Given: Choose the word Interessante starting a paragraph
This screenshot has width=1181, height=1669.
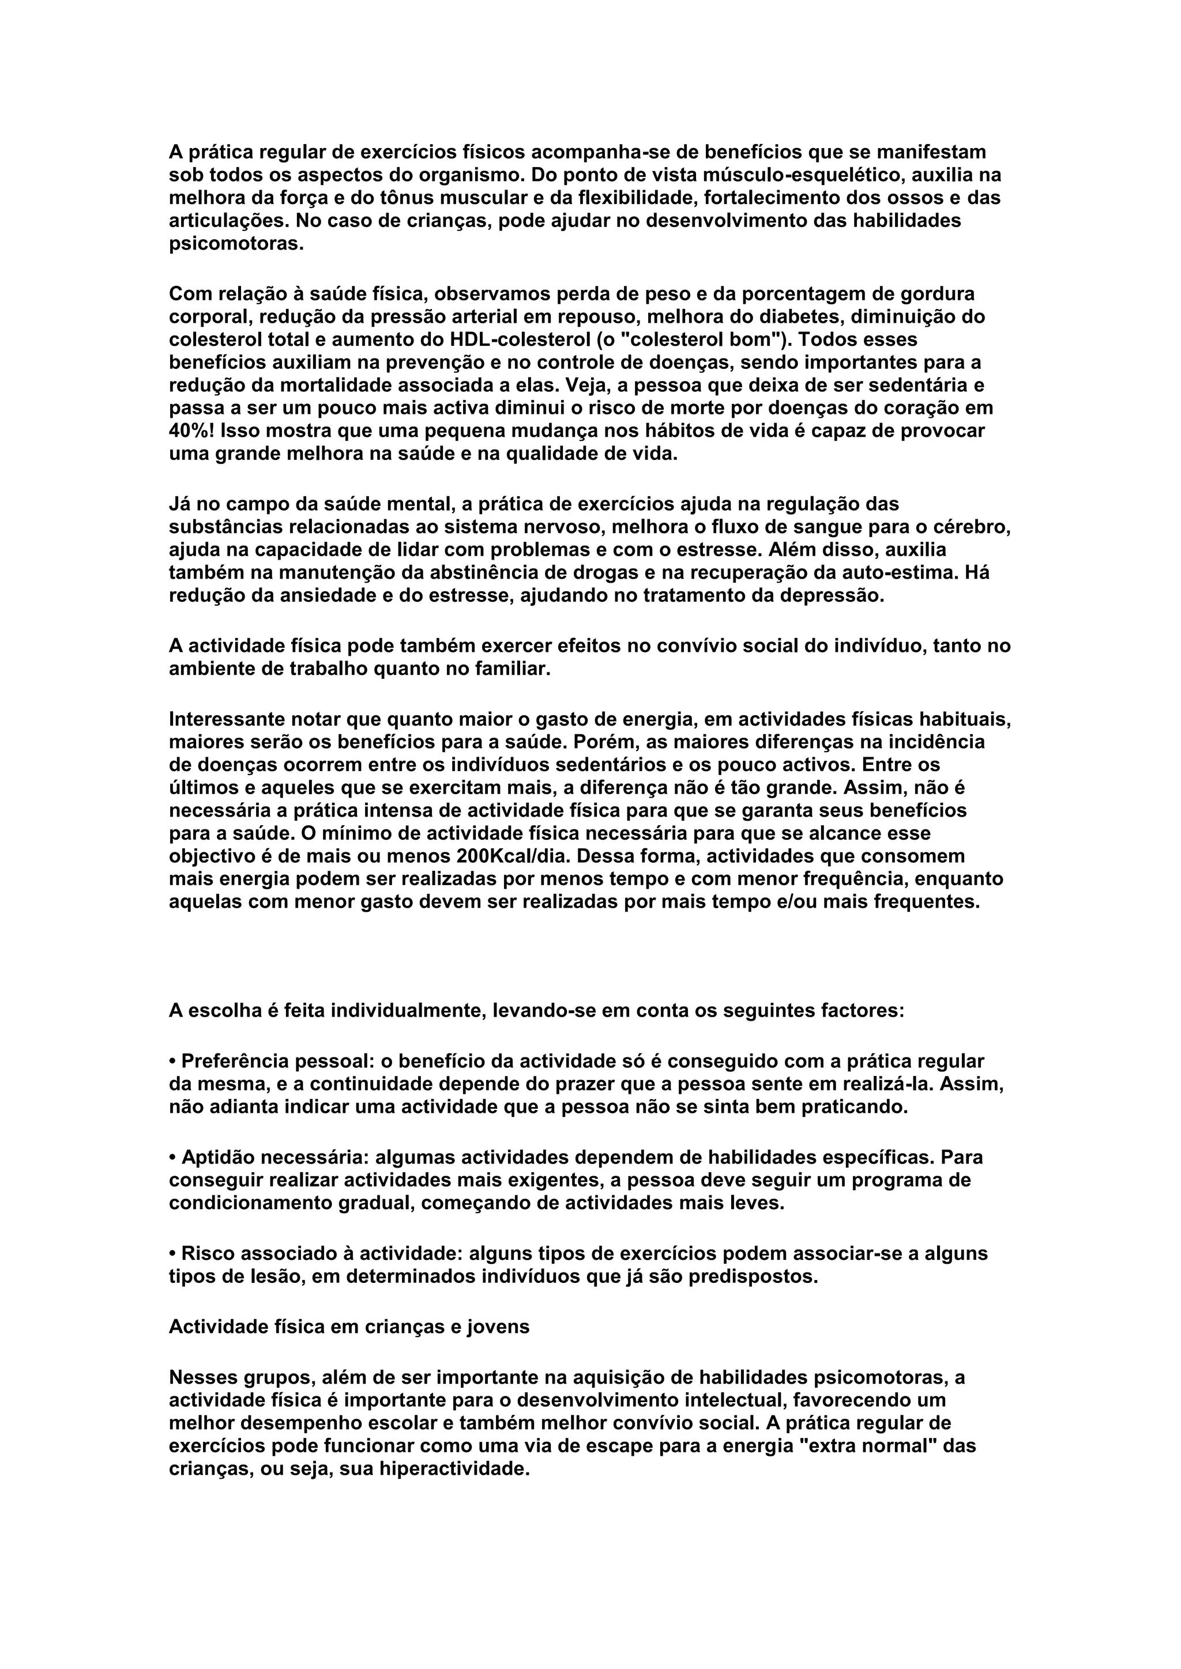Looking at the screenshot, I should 225,720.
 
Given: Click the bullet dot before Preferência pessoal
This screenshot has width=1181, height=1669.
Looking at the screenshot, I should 173,1062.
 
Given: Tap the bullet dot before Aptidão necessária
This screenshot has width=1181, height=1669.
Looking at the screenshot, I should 173,1157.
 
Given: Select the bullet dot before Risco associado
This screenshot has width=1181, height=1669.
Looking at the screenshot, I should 173,1254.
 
